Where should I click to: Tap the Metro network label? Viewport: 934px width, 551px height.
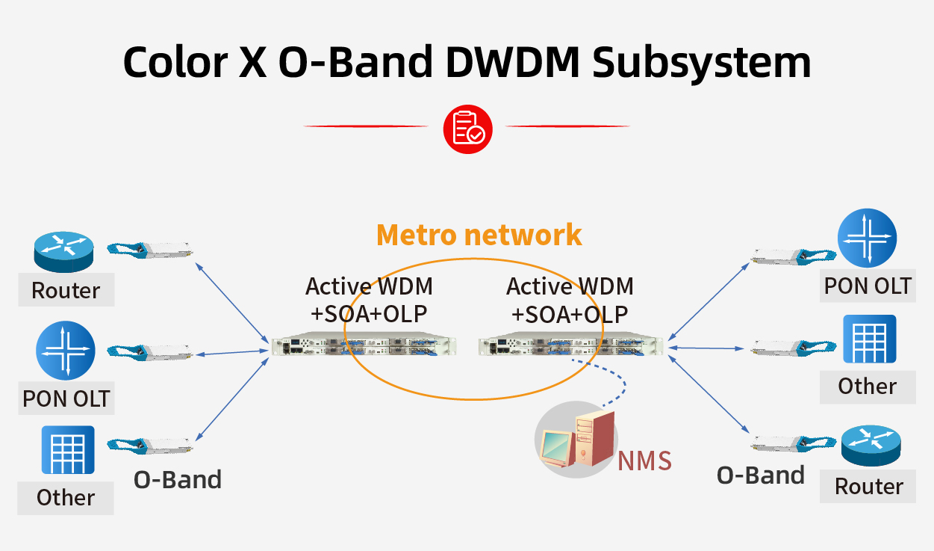(x=479, y=234)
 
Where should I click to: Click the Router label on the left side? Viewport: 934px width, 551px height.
(x=66, y=290)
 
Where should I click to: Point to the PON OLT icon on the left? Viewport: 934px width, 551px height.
(x=66, y=351)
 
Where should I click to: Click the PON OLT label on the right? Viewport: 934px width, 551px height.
(x=868, y=286)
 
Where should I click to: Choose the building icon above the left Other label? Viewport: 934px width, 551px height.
(x=67, y=449)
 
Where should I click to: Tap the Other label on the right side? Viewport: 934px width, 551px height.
(x=867, y=386)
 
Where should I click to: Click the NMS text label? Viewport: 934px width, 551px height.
(x=644, y=461)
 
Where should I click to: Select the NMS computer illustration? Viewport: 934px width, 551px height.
(x=576, y=439)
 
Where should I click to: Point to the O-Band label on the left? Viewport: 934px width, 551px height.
(x=178, y=479)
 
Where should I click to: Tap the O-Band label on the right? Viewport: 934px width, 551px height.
(x=761, y=475)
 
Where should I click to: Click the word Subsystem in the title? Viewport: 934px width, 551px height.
(x=702, y=62)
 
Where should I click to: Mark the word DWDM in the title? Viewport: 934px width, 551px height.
(x=512, y=62)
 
